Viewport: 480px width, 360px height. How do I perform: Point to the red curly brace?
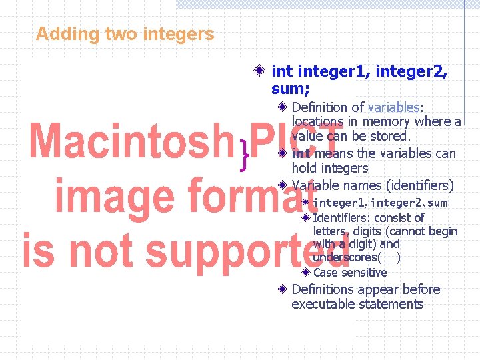tap(246, 157)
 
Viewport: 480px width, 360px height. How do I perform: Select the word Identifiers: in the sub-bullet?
tap(341, 218)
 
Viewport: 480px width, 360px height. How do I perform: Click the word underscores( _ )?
tap(357, 257)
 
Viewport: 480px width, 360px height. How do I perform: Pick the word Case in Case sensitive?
tap(325, 273)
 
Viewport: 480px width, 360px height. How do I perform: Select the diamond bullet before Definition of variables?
tap(283, 107)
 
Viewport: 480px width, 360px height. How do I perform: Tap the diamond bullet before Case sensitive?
tap(305, 272)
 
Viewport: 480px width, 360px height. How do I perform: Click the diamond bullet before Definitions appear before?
tap(283, 289)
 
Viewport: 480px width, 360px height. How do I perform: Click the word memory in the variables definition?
tap(386, 121)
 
